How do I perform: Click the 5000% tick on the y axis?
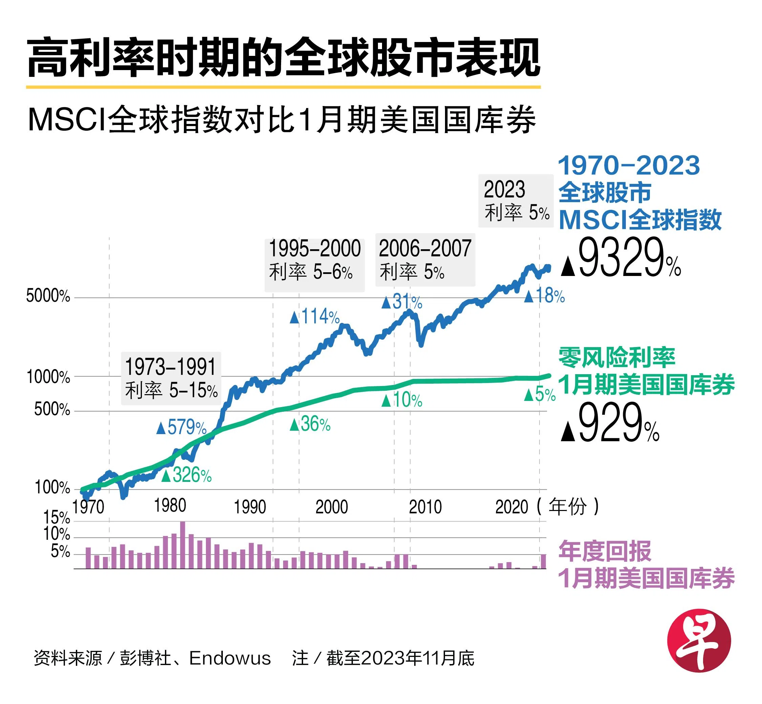coord(48,296)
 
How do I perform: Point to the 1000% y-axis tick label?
coord(48,377)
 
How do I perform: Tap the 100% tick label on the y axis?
coord(52,488)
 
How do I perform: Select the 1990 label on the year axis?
coord(250,507)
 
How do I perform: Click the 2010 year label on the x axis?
coord(425,507)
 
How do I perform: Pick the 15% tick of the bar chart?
coord(56,518)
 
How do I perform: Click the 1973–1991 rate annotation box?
coord(171,378)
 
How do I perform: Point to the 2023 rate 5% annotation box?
coord(515,201)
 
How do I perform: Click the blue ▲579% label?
coord(182,427)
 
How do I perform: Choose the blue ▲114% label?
coord(314,317)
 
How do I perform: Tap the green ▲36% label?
coord(310,424)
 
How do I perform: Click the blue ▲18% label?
coord(544,296)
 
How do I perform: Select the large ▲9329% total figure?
coord(621,257)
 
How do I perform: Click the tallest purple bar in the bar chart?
coord(183,545)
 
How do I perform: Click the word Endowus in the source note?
coord(230,658)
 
